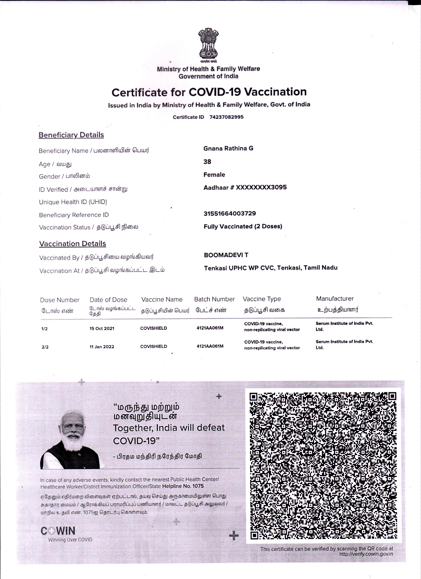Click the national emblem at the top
pos(209,44)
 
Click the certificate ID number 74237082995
pos(226,117)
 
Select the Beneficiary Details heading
pos(71,135)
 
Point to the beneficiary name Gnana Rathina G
pos(228,148)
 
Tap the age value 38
pos(207,162)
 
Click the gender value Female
pos(214,175)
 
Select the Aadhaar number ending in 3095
pos(245,187)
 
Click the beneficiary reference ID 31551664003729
pos(230,213)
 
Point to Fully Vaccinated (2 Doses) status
pos(243,226)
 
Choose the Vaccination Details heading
pos(73,243)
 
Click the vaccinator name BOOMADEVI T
pos(226,255)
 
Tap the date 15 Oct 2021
pos(102,328)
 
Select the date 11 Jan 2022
pos(102,347)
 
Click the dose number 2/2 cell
pos(45,347)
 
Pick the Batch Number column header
pos(214,299)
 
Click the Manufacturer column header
pos(335,298)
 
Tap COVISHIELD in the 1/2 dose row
pos(154,328)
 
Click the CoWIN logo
pos(58,531)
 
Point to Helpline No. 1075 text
pos(183,486)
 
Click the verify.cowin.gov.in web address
pos(366,554)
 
